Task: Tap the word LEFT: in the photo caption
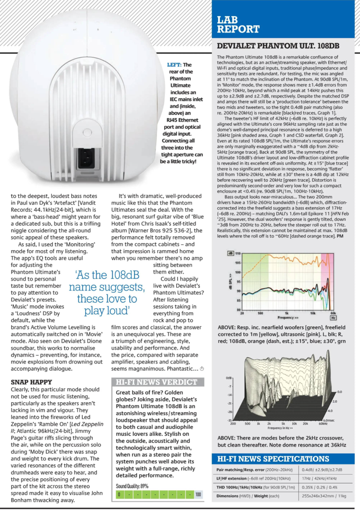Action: point(174,65)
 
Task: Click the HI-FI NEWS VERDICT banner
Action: point(157,381)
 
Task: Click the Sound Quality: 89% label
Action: point(132,485)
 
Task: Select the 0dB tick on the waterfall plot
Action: point(229,379)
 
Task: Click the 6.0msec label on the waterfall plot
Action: point(330,420)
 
